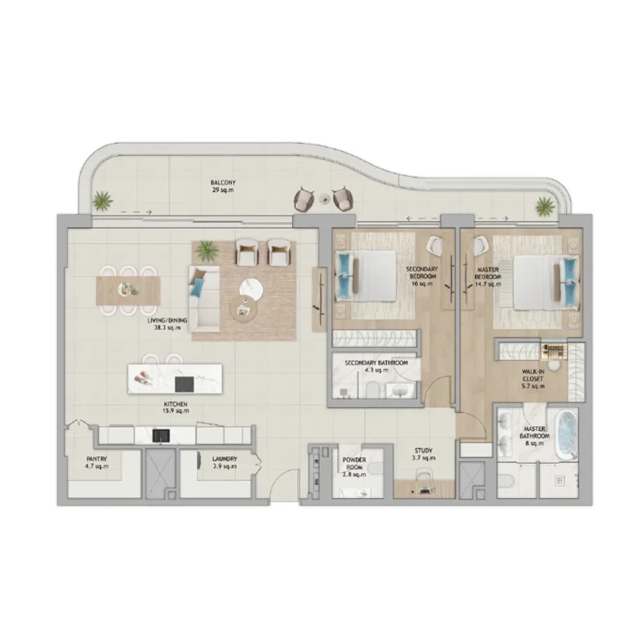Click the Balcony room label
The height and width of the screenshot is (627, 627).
click(x=223, y=186)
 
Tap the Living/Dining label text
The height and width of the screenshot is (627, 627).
click(x=167, y=324)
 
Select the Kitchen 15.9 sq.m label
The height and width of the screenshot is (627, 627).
click(x=176, y=407)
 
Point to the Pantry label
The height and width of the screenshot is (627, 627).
click(x=97, y=463)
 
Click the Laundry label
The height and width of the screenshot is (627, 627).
click(x=225, y=463)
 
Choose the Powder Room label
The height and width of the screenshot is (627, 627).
click(x=354, y=467)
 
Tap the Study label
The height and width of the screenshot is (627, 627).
click(x=424, y=454)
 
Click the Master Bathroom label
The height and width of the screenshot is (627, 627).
click(x=534, y=436)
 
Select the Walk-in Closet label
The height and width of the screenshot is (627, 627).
click(x=533, y=379)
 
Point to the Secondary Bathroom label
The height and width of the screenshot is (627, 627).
click(x=376, y=367)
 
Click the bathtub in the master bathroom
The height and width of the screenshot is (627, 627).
click(x=566, y=436)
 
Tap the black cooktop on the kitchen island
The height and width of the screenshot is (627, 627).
click(x=185, y=385)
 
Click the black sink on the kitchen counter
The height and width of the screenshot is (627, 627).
click(x=161, y=436)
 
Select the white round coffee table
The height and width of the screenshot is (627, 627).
click(x=251, y=288)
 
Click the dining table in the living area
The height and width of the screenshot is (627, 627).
click(x=128, y=291)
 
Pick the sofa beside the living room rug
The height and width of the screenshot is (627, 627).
click(x=204, y=299)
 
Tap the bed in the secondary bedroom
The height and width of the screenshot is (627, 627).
click(x=366, y=276)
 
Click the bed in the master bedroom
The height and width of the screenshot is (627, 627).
click(x=546, y=282)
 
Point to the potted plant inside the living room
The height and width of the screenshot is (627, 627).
click(x=207, y=251)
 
